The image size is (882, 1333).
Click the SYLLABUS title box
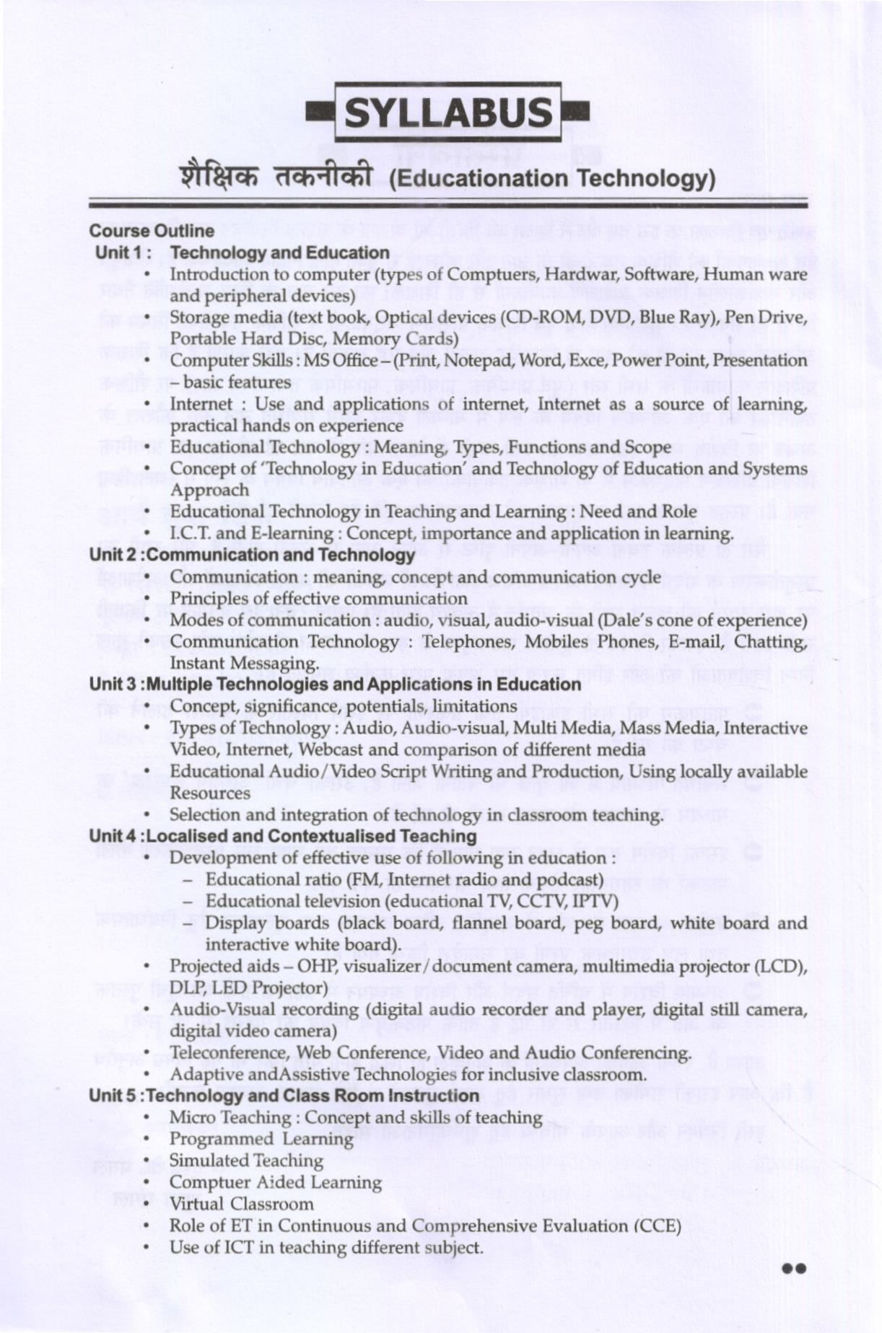point(447,113)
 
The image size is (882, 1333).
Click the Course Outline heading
point(152,231)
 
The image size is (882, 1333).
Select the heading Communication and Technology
point(280,555)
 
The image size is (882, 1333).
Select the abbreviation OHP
point(315,967)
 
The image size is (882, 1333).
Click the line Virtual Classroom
point(241,1204)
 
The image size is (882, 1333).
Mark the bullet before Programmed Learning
point(147,1140)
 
